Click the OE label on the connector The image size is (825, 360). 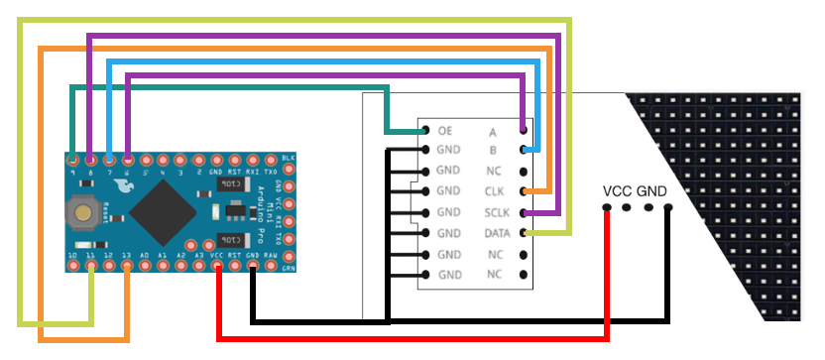[x=445, y=130]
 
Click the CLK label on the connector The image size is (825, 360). [x=496, y=191]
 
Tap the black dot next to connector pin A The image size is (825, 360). [x=524, y=130]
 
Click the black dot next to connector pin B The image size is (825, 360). [x=524, y=151]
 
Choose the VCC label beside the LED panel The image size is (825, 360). [x=617, y=191]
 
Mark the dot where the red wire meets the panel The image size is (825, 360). [x=606, y=208]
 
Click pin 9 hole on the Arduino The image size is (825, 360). [x=72, y=159]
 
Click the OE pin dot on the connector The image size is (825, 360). [x=424, y=130]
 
